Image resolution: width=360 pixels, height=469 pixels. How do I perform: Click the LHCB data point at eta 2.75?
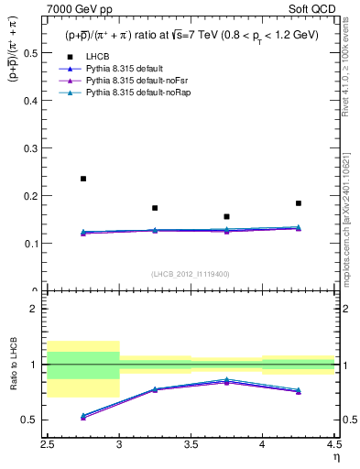(x=83, y=179)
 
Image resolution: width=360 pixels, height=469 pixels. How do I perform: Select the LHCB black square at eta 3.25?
(x=155, y=208)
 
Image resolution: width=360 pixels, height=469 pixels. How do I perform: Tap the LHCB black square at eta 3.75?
(x=226, y=216)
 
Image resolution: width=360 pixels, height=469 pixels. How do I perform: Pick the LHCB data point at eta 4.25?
(x=298, y=203)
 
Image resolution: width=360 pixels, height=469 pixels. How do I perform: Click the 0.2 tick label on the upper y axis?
(x=36, y=196)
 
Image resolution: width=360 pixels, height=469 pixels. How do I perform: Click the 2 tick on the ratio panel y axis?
(x=38, y=309)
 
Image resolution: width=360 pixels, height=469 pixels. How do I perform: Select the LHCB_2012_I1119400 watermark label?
(x=191, y=274)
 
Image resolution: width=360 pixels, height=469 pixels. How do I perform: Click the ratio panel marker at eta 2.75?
(x=83, y=416)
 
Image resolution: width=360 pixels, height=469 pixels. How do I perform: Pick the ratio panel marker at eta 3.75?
(x=226, y=380)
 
